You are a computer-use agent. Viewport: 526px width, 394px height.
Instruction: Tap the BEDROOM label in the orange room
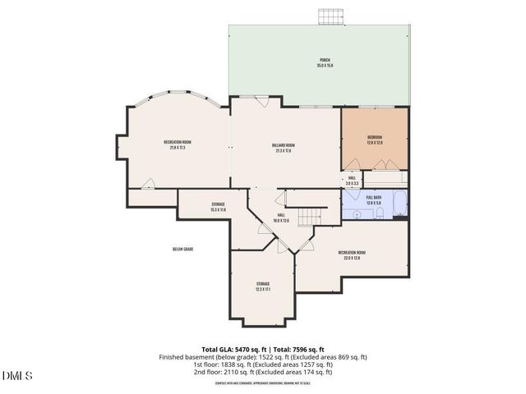tap(375, 140)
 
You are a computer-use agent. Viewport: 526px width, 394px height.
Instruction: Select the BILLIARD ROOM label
tap(284, 148)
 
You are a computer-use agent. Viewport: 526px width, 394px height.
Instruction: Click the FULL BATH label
tap(374, 199)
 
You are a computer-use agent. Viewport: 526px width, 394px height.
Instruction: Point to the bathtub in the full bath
tap(399, 205)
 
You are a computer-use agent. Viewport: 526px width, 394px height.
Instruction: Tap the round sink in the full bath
tap(358, 214)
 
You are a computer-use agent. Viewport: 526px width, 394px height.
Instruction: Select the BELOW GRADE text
tap(182, 249)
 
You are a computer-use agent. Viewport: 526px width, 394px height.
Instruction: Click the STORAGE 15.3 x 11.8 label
tap(218, 207)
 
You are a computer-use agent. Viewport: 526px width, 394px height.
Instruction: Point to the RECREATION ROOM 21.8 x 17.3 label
tap(177, 145)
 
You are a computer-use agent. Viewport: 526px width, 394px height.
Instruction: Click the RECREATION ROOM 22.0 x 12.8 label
tap(352, 255)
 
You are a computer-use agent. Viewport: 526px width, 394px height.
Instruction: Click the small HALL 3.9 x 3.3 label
tap(352, 180)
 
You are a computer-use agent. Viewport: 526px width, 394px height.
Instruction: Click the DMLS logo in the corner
tap(17, 376)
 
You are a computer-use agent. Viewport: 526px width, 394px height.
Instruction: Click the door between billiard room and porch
tap(261, 101)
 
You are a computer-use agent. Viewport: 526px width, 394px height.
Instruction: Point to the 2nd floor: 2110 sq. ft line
tap(263, 372)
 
